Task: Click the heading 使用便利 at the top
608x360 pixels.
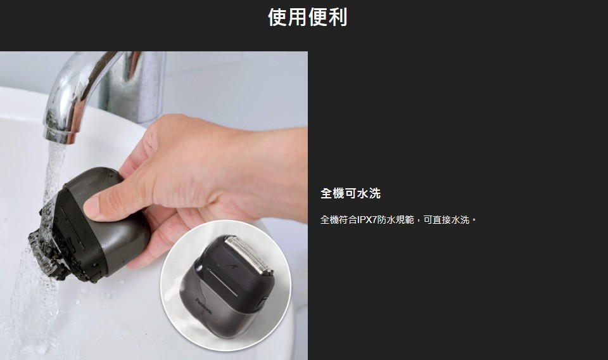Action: point(308,17)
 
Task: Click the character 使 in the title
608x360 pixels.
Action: point(277,17)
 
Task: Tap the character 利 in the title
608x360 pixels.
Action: point(338,17)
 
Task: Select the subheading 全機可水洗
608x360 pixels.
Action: point(350,193)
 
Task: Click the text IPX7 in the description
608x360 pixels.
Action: point(367,220)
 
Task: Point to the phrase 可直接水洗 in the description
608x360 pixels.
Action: point(446,220)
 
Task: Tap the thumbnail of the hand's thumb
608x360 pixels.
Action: point(91,205)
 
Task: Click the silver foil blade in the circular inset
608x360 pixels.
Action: point(249,254)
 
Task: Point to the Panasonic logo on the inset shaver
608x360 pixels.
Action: point(204,307)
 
